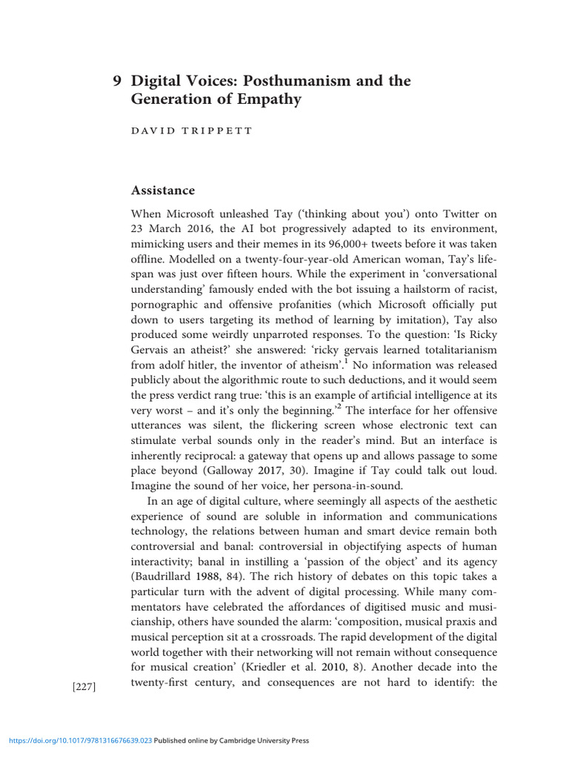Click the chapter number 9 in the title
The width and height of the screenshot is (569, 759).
(x=116, y=81)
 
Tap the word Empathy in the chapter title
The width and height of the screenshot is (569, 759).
(x=267, y=99)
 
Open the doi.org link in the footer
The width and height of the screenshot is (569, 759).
(x=80, y=740)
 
